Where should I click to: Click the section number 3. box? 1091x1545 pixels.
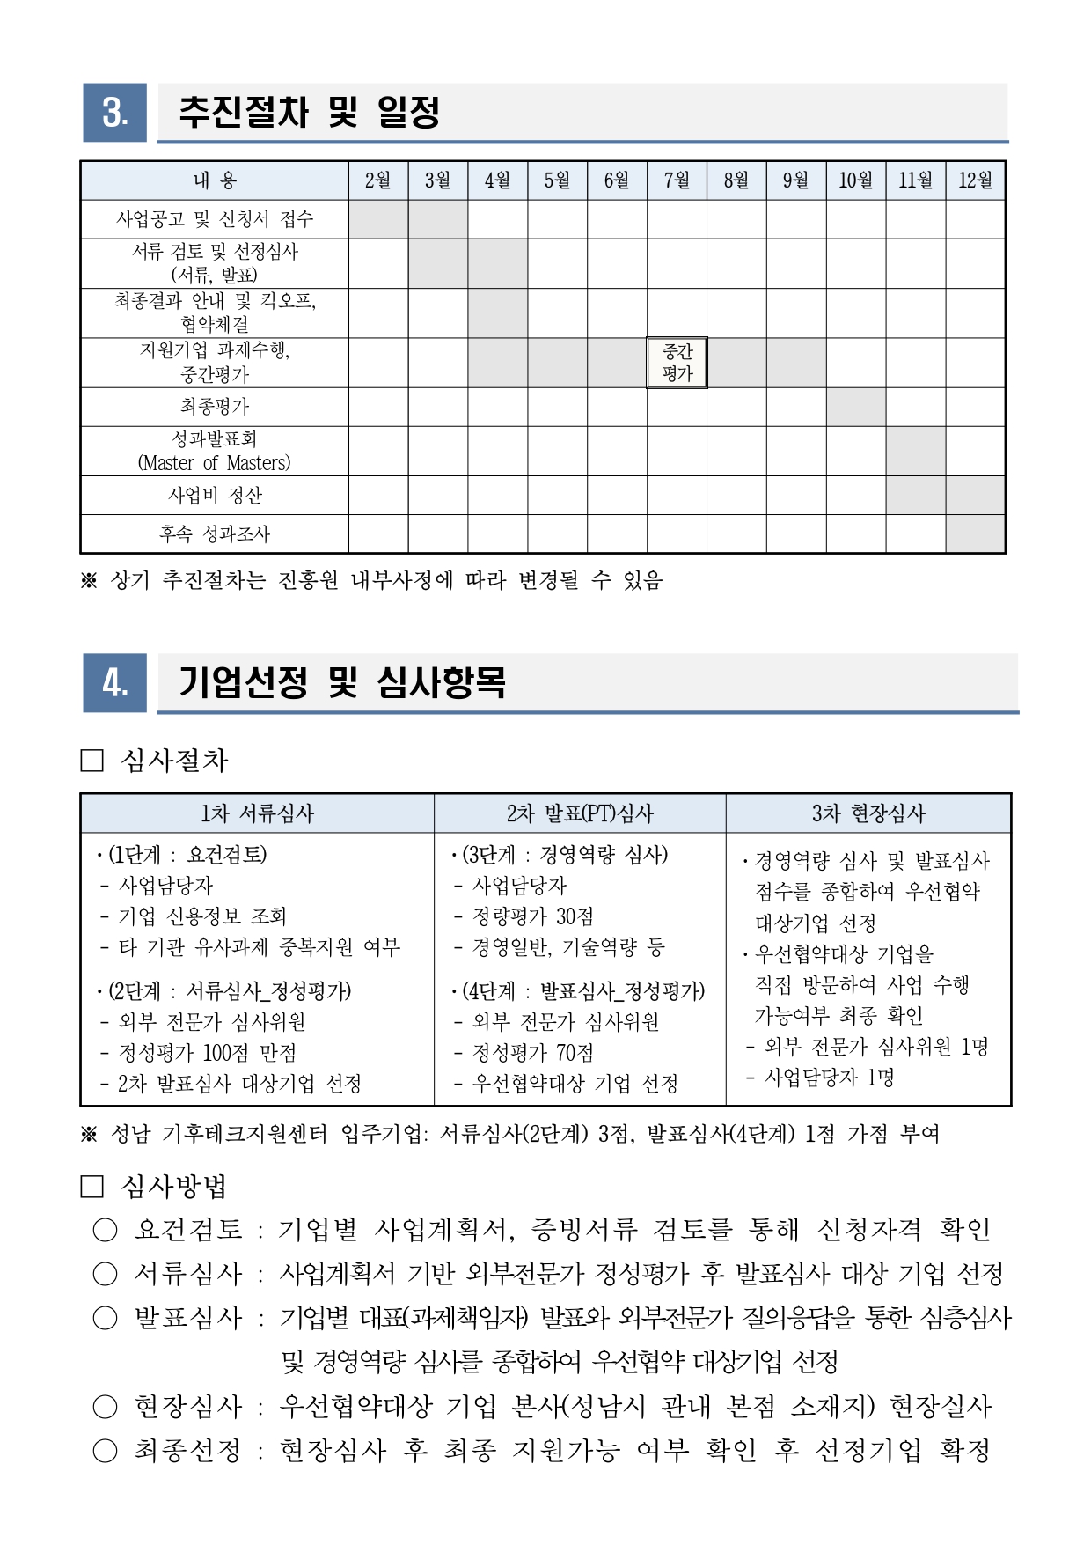click(x=114, y=113)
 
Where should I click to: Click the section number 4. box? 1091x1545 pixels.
click(x=114, y=682)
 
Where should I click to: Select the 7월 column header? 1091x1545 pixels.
click(x=677, y=180)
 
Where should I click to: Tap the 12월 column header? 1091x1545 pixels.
click(x=975, y=180)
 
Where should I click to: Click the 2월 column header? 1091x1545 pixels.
click(x=378, y=180)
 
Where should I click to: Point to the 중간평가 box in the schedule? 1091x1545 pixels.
click(x=677, y=363)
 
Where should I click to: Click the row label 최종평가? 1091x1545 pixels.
click(x=215, y=407)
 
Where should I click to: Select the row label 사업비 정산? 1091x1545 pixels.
click(x=215, y=495)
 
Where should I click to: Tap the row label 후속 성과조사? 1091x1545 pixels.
click(x=215, y=533)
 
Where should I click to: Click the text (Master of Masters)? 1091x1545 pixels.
click(x=215, y=463)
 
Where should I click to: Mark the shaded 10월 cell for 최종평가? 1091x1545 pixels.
click(x=856, y=407)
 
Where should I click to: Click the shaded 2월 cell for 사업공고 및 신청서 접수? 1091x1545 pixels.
click(x=378, y=219)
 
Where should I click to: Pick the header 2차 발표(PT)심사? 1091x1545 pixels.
click(x=580, y=813)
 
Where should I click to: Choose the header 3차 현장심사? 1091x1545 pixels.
click(x=868, y=813)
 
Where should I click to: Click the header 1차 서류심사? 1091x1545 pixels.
click(x=257, y=813)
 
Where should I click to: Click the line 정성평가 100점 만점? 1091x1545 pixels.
click(x=208, y=1053)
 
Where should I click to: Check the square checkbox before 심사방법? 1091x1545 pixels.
click(x=92, y=1187)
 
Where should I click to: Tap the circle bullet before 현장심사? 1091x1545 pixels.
click(x=105, y=1406)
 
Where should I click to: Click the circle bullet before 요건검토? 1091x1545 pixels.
click(x=105, y=1230)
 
